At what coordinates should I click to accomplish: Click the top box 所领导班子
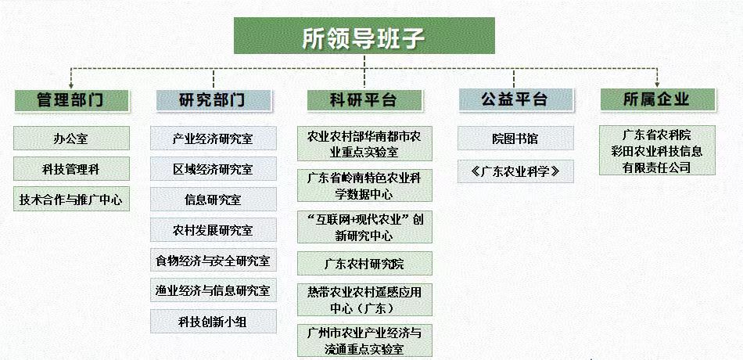[364, 36]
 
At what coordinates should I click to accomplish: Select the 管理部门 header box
[71, 100]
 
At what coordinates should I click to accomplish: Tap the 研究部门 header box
[214, 100]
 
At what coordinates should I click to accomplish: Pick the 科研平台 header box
[364, 100]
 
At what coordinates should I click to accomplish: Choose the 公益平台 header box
[515, 100]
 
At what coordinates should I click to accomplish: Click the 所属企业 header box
[657, 100]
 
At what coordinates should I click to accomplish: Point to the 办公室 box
[71, 138]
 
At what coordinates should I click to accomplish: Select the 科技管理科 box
[71, 169]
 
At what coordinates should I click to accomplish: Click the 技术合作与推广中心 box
[71, 200]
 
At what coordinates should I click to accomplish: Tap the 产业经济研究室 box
[214, 139]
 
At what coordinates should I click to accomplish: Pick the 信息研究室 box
[214, 200]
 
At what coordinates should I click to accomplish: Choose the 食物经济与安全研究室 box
[214, 261]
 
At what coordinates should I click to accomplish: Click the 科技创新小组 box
[214, 321]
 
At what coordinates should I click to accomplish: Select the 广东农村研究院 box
[364, 263]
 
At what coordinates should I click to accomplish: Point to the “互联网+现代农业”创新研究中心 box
[364, 227]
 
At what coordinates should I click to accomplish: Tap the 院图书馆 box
[515, 138]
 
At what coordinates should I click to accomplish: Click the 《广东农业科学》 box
[515, 171]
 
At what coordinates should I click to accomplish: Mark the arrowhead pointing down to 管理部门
[71, 86]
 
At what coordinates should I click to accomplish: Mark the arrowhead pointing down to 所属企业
[657, 86]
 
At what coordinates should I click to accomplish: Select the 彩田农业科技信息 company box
[657, 150]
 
